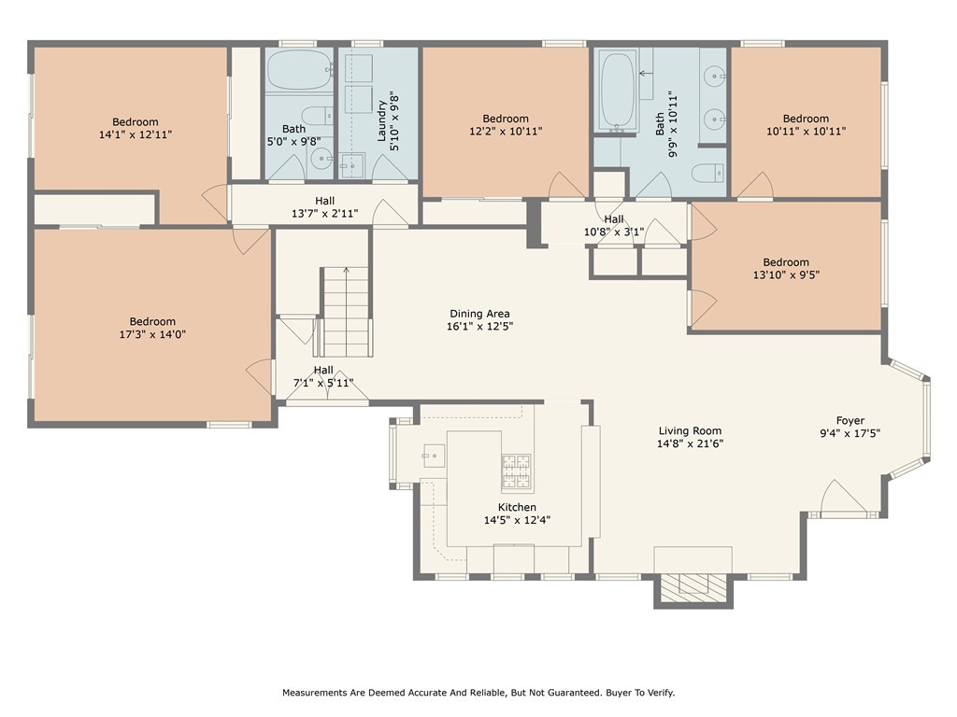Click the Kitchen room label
(x=517, y=507)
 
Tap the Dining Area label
(x=479, y=314)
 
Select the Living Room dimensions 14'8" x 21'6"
(x=690, y=443)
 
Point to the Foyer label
(x=850, y=421)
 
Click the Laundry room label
(x=382, y=121)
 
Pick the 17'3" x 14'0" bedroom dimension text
(x=152, y=334)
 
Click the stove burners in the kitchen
(x=516, y=472)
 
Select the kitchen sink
(x=434, y=456)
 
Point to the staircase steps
(x=346, y=312)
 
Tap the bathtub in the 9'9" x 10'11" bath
(x=618, y=91)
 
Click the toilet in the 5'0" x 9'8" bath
(x=318, y=116)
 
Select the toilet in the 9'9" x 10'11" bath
(x=708, y=173)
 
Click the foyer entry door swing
(x=843, y=497)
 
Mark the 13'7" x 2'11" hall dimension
(x=324, y=214)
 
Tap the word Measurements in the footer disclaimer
(x=314, y=693)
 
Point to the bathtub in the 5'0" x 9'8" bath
(x=299, y=70)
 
